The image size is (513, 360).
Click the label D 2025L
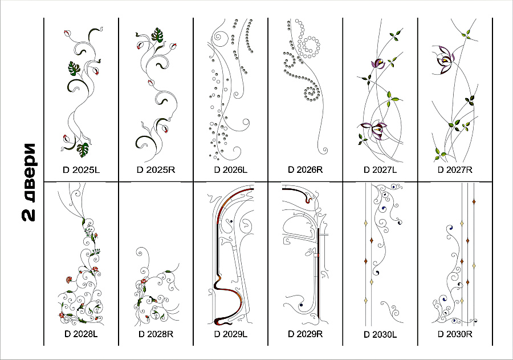[x=81, y=170]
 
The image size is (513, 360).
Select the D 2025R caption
[x=156, y=170]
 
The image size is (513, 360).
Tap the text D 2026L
[x=231, y=170]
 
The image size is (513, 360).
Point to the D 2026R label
[x=306, y=169]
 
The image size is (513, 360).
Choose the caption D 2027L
[x=380, y=170]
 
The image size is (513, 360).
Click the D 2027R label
[x=455, y=170]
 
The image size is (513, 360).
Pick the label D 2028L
[x=81, y=334]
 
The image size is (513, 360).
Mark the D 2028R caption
[x=156, y=334]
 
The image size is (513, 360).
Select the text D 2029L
[x=231, y=334]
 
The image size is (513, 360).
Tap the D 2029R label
[x=306, y=334]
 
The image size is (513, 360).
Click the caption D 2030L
[x=380, y=335]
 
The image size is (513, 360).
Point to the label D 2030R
[x=455, y=334]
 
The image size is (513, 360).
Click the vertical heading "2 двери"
[x=28, y=182]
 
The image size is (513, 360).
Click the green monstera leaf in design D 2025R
[x=157, y=35]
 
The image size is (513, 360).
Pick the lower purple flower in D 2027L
[x=373, y=130]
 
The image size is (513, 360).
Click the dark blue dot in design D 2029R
[x=301, y=305]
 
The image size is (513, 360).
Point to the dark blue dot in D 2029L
[x=231, y=221]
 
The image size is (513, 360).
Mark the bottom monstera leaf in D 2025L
[x=83, y=149]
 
